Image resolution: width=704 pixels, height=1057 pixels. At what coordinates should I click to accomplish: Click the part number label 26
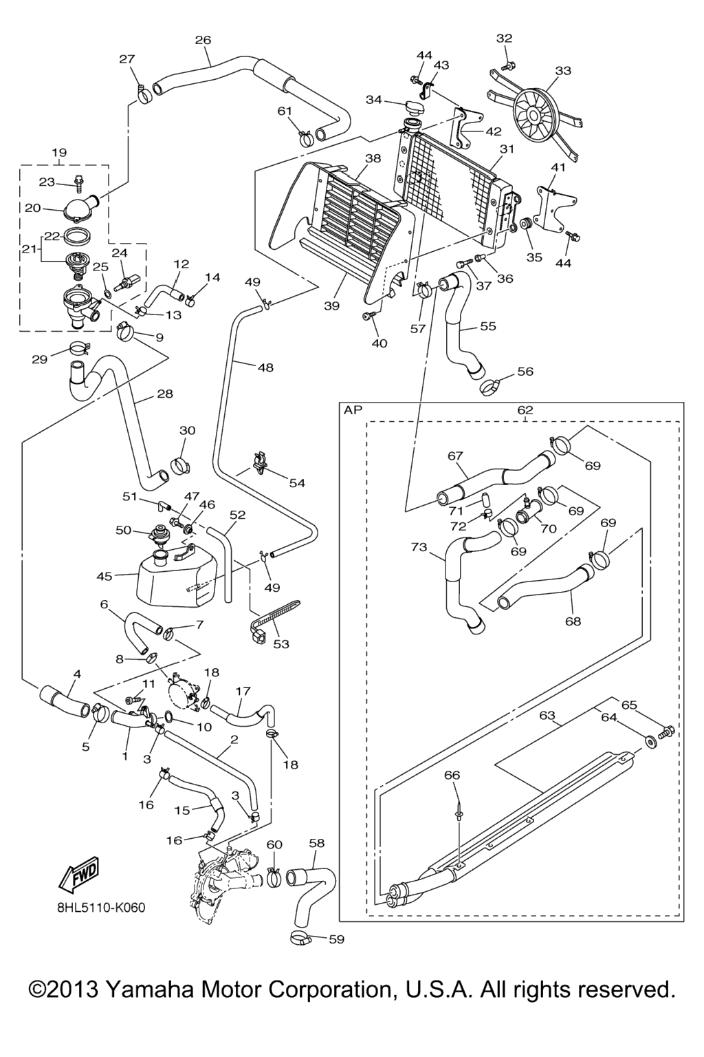pos(203,40)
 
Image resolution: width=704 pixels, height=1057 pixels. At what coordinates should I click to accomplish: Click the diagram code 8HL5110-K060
pos(101,908)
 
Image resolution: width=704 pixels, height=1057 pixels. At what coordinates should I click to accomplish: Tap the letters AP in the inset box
pos(353,410)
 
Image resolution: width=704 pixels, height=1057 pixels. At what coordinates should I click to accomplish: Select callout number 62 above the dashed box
pos(525,410)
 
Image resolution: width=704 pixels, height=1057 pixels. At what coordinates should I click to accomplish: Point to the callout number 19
pos(58,152)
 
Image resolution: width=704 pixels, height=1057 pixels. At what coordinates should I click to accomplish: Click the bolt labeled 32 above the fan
pos(508,66)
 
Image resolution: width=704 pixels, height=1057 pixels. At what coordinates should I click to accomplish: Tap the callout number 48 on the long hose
pos(265,367)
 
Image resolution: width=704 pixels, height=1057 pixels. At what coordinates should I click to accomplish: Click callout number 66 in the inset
pos(452,775)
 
